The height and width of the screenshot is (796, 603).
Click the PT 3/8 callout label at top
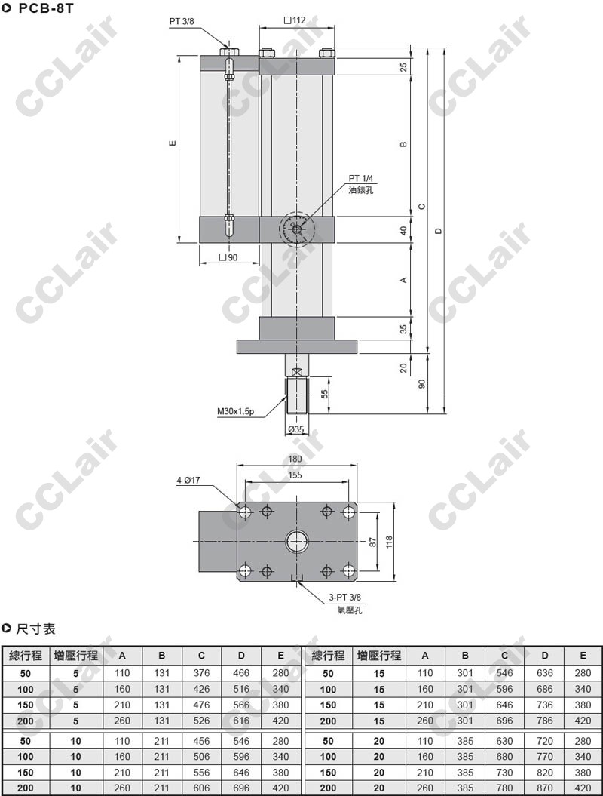pyautogui.click(x=182, y=22)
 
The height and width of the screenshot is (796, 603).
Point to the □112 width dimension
pyautogui.click(x=295, y=20)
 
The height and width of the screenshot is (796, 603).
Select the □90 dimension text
pyautogui.click(x=228, y=257)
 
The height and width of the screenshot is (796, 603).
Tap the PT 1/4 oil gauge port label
pyautogui.click(x=360, y=179)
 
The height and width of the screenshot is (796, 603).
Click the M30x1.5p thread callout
pyautogui.click(x=235, y=412)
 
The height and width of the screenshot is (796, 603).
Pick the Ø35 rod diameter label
pyautogui.click(x=295, y=429)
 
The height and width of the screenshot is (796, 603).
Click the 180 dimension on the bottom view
pyautogui.click(x=295, y=459)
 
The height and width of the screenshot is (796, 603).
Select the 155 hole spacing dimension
pyautogui.click(x=295, y=475)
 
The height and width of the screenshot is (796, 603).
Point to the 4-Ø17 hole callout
pyautogui.click(x=188, y=480)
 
